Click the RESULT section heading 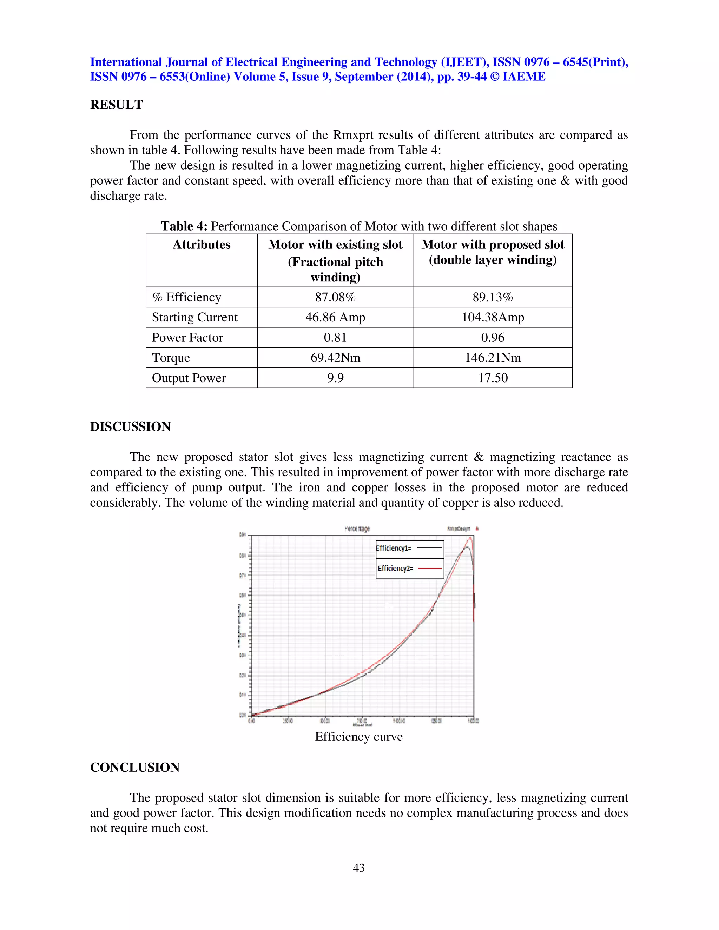pyautogui.click(x=116, y=105)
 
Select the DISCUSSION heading pyautogui.click(x=130, y=427)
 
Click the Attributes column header pyautogui.click(x=202, y=245)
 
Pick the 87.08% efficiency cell pyautogui.click(x=335, y=297)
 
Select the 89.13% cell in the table pyautogui.click(x=493, y=297)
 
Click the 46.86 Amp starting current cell pyautogui.click(x=335, y=317)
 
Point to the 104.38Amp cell pyautogui.click(x=493, y=317)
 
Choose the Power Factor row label pyautogui.click(x=187, y=338)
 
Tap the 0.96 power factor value pyautogui.click(x=493, y=338)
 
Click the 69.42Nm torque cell pyautogui.click(x=335, y=358)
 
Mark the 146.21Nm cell pyautogui.click(x=493, y=358)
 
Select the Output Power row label pyautogui.click(x=189, y=378)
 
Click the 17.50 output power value pyautogui.click(x=493, y=378)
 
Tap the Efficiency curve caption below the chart pyautogui.click(x=359, y=737)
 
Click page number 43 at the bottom pyautogui.click(x=359, y=868)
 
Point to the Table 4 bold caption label pyautogui.click(x=184, y=226)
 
